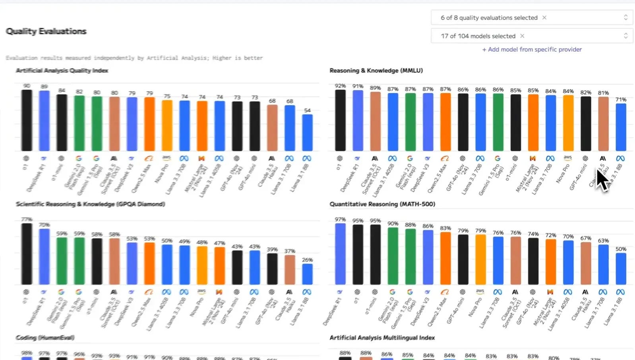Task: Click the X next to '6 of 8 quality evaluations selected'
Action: (544, 17)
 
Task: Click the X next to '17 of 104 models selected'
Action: (522, 36)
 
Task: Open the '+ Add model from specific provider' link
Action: (532, 49)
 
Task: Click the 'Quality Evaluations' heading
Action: (46, 31)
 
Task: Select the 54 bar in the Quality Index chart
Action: (307, 133)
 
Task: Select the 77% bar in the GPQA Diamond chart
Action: (27, 254)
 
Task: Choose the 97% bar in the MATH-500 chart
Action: (340, 254)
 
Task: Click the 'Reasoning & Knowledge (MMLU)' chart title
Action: (376, 70)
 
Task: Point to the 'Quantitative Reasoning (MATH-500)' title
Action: (382, 204)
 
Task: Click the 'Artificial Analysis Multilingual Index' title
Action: (382, 337)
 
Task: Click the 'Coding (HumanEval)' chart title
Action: (45, 337)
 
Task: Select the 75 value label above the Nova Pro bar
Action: (167, 96)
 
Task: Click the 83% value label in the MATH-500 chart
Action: (445, 228)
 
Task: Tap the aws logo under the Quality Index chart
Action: (166, 158)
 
